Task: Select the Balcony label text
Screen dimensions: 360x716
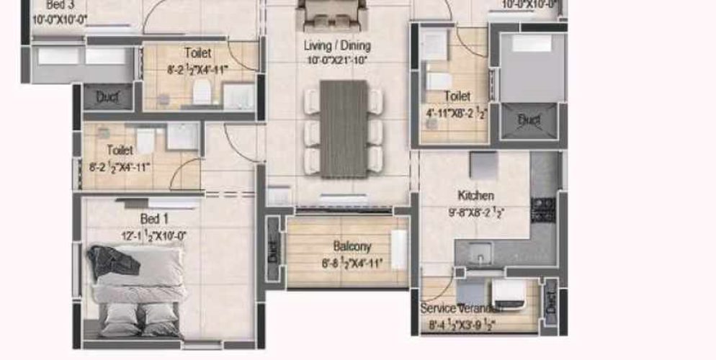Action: coord(352,246)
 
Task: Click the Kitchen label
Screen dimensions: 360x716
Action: coord(475,195)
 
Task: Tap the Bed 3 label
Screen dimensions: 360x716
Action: coord(60,5)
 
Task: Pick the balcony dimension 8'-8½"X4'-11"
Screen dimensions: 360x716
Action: coord(352,263)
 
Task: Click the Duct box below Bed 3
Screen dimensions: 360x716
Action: coord(107,96)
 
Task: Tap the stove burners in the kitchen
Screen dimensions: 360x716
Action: coord(542,209)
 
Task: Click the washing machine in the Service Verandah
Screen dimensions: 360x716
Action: coord(509,292)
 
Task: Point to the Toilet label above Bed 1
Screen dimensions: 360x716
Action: coord(120,150)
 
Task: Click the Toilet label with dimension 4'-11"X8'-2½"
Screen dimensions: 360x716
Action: coord(457,96)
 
